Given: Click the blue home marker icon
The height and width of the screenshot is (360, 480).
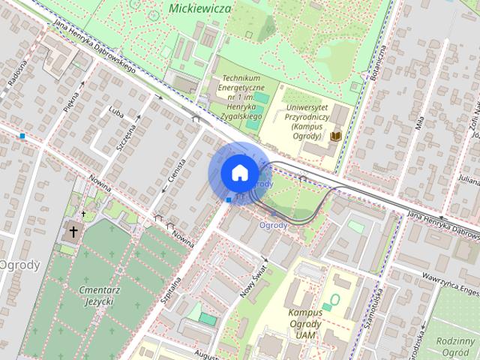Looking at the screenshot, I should (x=238, y=172).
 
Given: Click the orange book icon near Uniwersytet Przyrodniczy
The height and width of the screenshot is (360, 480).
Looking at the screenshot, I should (x=337, y=136).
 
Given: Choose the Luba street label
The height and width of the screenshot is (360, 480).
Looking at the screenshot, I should (x=115, y=112).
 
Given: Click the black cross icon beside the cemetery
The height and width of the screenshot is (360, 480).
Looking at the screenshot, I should (x=73, y=232).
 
